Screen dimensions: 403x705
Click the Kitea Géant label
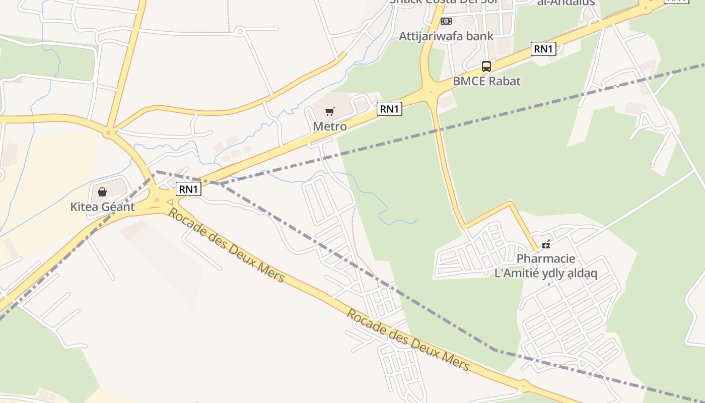pos(102,207)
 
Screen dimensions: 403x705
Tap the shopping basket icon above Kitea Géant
pos(102,192)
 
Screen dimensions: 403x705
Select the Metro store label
pos(330,126)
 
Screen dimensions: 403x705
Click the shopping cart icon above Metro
pos(329,111)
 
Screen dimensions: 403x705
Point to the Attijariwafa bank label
pos(446,36)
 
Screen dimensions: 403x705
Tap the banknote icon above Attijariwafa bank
pos(446,21)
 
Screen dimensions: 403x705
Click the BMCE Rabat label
pos(486,81)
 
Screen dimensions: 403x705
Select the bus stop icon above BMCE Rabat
pos(486,66)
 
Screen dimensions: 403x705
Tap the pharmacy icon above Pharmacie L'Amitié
pos(546,245)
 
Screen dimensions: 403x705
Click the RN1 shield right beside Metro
pos(390,108)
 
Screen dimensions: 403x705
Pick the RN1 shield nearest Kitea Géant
pos(188,189)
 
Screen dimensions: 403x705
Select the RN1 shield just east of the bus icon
pos(543,49)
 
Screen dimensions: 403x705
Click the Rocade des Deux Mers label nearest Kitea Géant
pos(226,245)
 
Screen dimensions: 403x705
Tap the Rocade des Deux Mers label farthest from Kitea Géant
pos(408,340)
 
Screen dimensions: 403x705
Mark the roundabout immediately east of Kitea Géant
pos(157,200)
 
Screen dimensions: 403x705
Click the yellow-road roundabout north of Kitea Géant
pos(108,133)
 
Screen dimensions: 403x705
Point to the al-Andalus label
pos(566,3)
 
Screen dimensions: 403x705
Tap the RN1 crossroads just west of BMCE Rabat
pos(431,91)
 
